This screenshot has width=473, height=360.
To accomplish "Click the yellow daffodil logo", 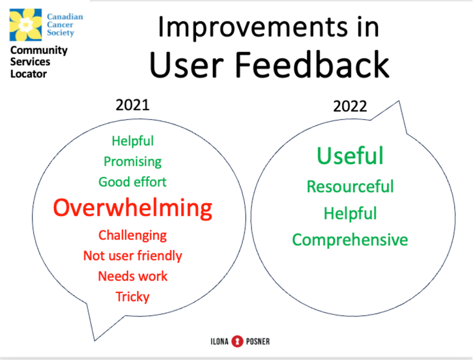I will [25, 25].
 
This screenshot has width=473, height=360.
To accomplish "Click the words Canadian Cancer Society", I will [65, 25].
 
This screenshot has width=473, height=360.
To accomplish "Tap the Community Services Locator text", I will [39, 62].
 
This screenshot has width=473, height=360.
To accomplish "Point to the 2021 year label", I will [133, 105].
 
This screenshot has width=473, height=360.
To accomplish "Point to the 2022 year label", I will [350, 106].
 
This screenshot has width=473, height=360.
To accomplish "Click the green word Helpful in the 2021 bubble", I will [133, 141].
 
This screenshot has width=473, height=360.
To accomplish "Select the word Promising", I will [133, 162].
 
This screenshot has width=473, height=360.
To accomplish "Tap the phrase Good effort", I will [133, 182].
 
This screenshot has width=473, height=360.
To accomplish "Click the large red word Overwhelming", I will [133, 208].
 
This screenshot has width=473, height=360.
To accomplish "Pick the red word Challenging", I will [133, 235].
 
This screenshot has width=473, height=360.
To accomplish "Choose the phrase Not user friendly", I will [133, 256].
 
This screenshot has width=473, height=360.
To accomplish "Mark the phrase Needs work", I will [133, 276].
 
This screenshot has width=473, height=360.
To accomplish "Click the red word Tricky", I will [133, 297].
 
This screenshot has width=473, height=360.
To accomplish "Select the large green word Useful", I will [350, 156].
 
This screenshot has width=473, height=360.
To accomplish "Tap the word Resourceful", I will [350, 187].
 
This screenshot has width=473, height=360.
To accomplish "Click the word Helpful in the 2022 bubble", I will [350, 214].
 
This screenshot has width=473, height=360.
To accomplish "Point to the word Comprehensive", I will [350, 240].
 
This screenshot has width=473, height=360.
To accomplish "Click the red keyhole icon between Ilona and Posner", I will [237, 342].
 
